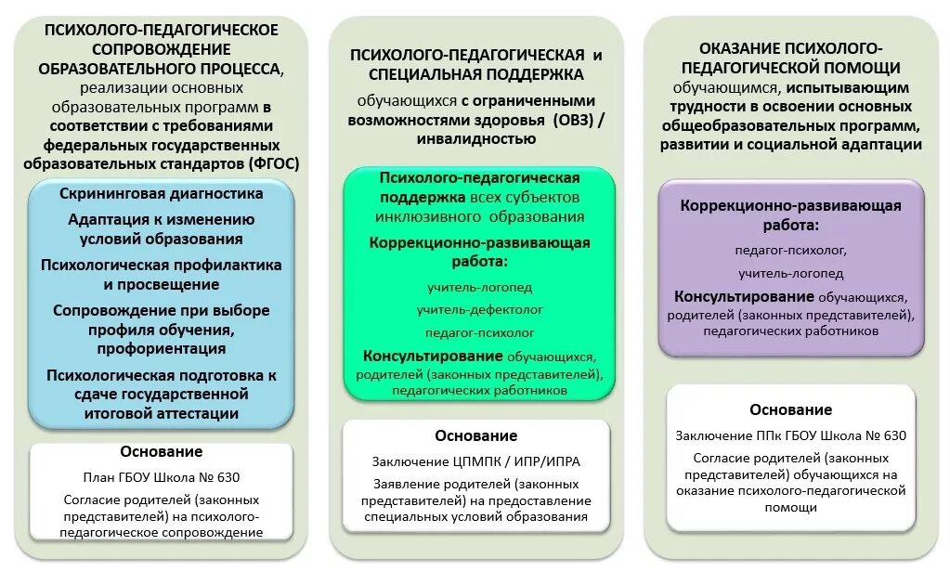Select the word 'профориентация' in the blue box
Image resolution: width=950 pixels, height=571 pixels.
(x=161, y=348)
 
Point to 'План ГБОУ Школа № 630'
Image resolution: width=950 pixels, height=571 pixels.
(x=161, y=478)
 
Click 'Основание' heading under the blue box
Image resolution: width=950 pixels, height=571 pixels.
(x=161, y=452)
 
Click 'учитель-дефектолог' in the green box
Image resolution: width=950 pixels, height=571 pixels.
(x=479, y=309)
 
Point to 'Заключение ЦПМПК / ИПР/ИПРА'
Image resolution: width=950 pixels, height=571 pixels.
(x=477, y=461)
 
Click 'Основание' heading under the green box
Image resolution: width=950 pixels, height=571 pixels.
(x=476, y=436)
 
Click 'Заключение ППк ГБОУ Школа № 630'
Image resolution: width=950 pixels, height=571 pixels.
(x=790, y=435)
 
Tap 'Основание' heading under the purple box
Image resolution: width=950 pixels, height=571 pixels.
(x=790, y=409)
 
